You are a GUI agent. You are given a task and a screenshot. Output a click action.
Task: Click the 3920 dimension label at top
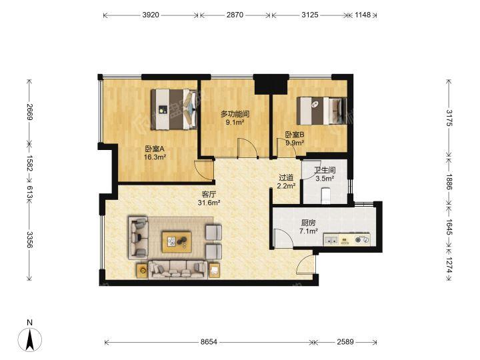tap(151, 15)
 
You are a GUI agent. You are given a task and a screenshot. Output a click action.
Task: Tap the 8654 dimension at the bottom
tap(209, 341)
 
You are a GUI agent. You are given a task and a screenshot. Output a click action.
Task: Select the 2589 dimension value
tap(345, 341)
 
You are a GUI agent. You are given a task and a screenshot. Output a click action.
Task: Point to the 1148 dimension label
tap(363, 15)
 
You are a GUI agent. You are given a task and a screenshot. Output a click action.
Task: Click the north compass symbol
tap(30, 336)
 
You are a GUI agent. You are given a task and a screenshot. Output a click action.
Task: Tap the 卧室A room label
tap(155, 149)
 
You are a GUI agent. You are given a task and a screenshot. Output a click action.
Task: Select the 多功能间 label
tap(235, 114)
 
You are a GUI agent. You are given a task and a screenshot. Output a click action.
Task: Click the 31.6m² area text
tap(209, 203)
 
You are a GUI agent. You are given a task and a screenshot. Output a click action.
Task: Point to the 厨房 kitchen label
tap(308, 223)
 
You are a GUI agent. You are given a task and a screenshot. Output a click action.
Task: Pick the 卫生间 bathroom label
tap(325, 170)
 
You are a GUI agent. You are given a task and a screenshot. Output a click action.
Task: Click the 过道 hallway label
tap(286, 178)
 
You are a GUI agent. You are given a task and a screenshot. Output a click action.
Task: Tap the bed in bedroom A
tap(174, 109)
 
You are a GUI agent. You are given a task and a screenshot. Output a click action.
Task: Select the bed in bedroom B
tap(322, 111)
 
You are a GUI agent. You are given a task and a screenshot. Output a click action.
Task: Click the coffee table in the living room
tap(177, 242)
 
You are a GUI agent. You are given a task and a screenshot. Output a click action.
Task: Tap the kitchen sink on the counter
tap(331, 240)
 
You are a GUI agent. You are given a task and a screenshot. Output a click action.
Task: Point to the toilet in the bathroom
tap(325, 196)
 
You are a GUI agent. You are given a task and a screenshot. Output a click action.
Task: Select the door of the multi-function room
tap(247, 148)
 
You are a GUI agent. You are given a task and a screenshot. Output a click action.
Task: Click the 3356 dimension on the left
tap(30, 239)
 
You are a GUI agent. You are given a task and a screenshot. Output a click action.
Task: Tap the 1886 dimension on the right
tap(449, 182)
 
